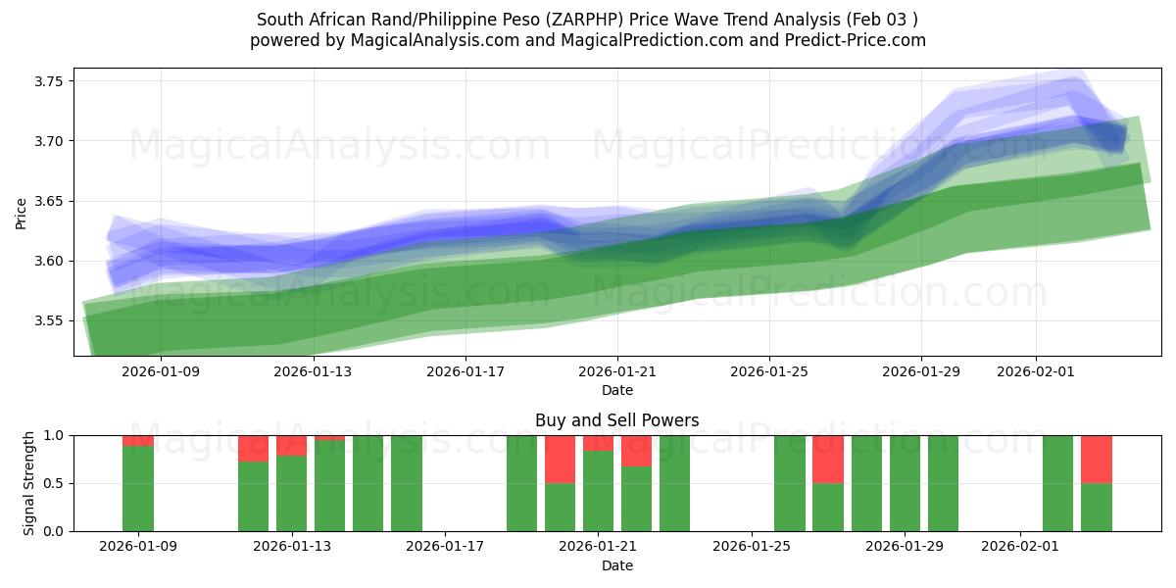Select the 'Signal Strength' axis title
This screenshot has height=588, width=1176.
coord(29,482)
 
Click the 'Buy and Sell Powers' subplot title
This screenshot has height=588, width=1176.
coord(616,420)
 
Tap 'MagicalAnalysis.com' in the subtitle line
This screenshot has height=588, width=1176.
coord(422,40)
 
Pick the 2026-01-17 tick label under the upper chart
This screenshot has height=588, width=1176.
coord(465,371)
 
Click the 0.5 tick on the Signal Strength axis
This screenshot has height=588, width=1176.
coord(55,483)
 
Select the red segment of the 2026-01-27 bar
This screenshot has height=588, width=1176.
coord(828,459)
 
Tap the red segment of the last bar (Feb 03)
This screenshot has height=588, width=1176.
coord(1096,459)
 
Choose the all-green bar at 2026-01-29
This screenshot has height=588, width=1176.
coord(905,483)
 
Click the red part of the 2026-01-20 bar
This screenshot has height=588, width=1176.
coord(560,459)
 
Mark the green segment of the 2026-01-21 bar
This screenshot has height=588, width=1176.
coord(598,491)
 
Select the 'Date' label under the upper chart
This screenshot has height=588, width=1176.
coord(616,390)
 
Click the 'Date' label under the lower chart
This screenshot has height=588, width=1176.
coord(616,565)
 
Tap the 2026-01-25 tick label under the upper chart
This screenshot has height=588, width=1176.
coord(769,371)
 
